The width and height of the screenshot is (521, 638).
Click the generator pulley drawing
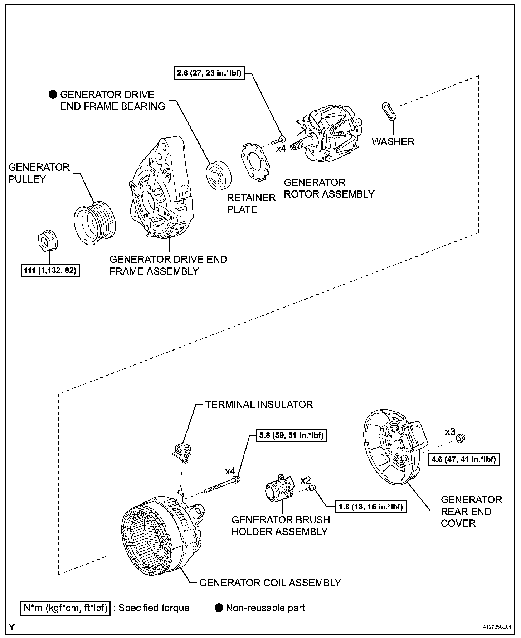[x=95, y=223]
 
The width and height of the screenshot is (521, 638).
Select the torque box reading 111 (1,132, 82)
[x=50, y=270]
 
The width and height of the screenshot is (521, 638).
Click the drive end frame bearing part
[x=218, y=175]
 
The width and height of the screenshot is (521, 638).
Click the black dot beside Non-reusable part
[x=219, y=608]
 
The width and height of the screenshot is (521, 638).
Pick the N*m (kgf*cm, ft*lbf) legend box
[x=65, y=608]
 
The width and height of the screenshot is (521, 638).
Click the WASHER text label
[x=393, y=141]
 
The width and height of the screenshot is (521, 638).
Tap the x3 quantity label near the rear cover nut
[x=450, y=432]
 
